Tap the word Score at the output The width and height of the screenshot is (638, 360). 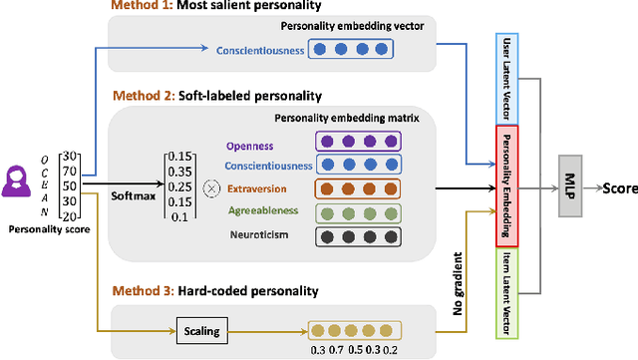pos(617,187)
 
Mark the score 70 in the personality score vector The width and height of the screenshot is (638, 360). pos(68,170)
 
